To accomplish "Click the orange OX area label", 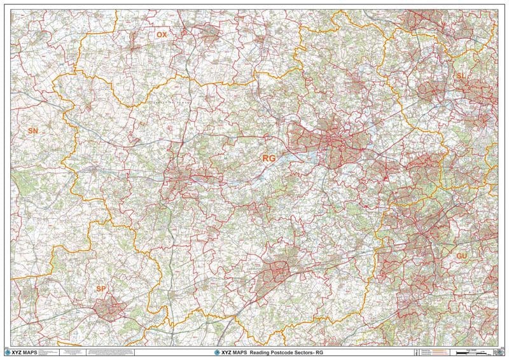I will point(162,35).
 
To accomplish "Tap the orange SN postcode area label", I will point(33,130).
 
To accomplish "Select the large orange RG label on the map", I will point(270,157).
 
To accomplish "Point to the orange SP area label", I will point(101,289).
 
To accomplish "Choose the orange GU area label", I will point(462,255).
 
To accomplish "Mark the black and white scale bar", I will point(469,352).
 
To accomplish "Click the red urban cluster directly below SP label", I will point(109,308).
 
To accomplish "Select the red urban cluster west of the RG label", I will point(188,175).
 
